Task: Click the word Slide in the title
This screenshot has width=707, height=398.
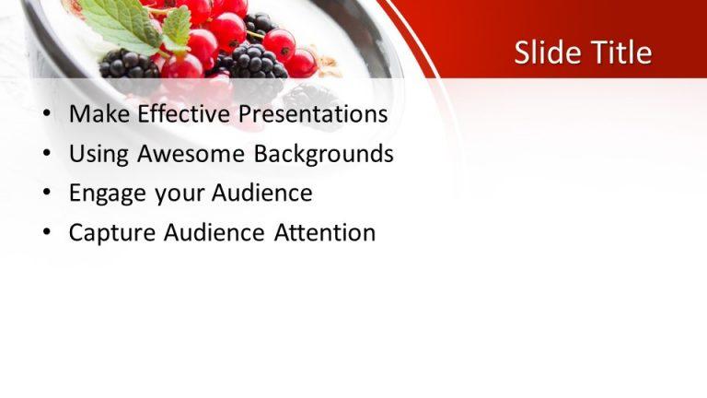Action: (543, 53)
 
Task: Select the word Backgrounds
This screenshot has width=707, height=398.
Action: (323, 154)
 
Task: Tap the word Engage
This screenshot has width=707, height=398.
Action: (104, 193)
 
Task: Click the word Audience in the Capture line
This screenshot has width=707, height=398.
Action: (215, 233)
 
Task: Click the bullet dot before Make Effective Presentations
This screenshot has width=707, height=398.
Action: (47, 116)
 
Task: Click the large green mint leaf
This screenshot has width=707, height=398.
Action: (124, 23)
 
